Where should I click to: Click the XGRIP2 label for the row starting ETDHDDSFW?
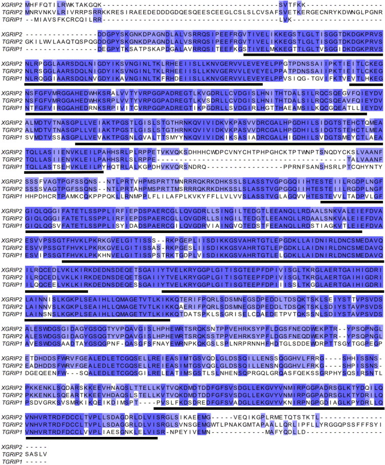coord(11,361)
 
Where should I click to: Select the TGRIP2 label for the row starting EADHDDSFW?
coord(11,368)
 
